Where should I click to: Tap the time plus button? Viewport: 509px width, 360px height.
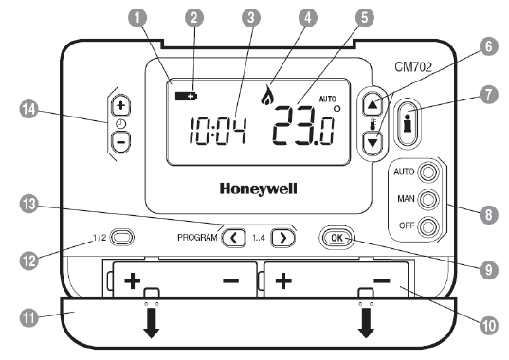[x=121, y=105]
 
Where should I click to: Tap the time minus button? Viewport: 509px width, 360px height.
[x=121, y=141]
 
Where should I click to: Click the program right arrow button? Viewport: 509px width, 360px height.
[x=281, y=238]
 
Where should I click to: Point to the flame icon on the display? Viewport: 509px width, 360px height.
[x=266, y=96]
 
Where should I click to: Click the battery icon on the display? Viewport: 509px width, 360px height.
[x=182, y=96]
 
